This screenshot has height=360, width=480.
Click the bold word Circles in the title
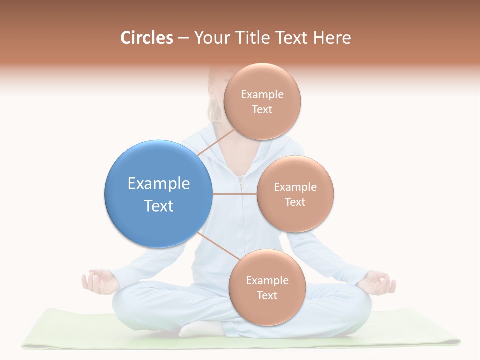146,38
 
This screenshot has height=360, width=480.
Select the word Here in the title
332,38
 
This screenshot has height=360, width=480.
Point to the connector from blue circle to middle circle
234,194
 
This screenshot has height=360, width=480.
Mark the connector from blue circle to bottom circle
215,244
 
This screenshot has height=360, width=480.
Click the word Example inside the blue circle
159,184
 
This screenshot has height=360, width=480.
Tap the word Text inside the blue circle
159,206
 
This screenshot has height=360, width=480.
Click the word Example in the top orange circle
262,94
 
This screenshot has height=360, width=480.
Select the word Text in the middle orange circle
295,202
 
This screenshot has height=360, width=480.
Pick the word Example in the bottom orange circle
267,280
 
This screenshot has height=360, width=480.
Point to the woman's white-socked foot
200,328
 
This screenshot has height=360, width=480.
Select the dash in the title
183,38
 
